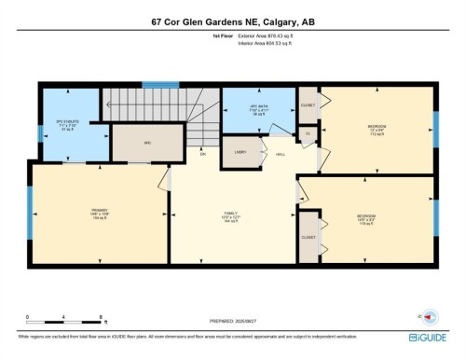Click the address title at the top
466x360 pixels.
232,21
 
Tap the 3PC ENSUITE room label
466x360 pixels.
64,124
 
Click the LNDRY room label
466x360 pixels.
240,150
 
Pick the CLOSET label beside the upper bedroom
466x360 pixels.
308,105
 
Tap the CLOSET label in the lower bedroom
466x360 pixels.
308,238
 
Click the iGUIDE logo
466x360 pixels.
432,338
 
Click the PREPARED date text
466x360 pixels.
233,323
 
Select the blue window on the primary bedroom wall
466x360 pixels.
30,212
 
